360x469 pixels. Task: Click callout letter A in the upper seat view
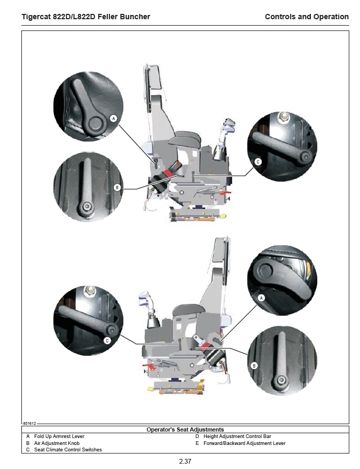(x=113, y=119)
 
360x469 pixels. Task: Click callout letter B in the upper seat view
(x=117, y=187)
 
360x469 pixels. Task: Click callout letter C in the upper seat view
(x=258, y=162)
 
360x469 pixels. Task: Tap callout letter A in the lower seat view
(x=261, y=298)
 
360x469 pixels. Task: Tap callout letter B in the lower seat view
(x=254, y=365)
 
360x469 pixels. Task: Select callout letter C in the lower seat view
(x=107, y=341)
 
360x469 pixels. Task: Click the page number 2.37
(x=185, y=461)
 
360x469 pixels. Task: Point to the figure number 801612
(x=29, y=423)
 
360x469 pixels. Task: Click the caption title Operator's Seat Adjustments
(x=185, y=429)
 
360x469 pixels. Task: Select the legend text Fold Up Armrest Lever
(x=59, y=436)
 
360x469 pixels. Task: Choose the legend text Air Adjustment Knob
(x=57, y=443)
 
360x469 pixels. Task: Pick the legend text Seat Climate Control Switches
(x=68, y=450)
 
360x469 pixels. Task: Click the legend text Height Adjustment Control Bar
(x=237, y=436)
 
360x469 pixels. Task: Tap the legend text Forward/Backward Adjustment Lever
(x=244, y=443)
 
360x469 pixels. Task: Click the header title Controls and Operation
(x=307, y=17)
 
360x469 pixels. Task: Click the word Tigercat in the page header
(x=36, y=17)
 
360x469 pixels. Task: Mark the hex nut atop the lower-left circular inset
(x=90, y=291)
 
